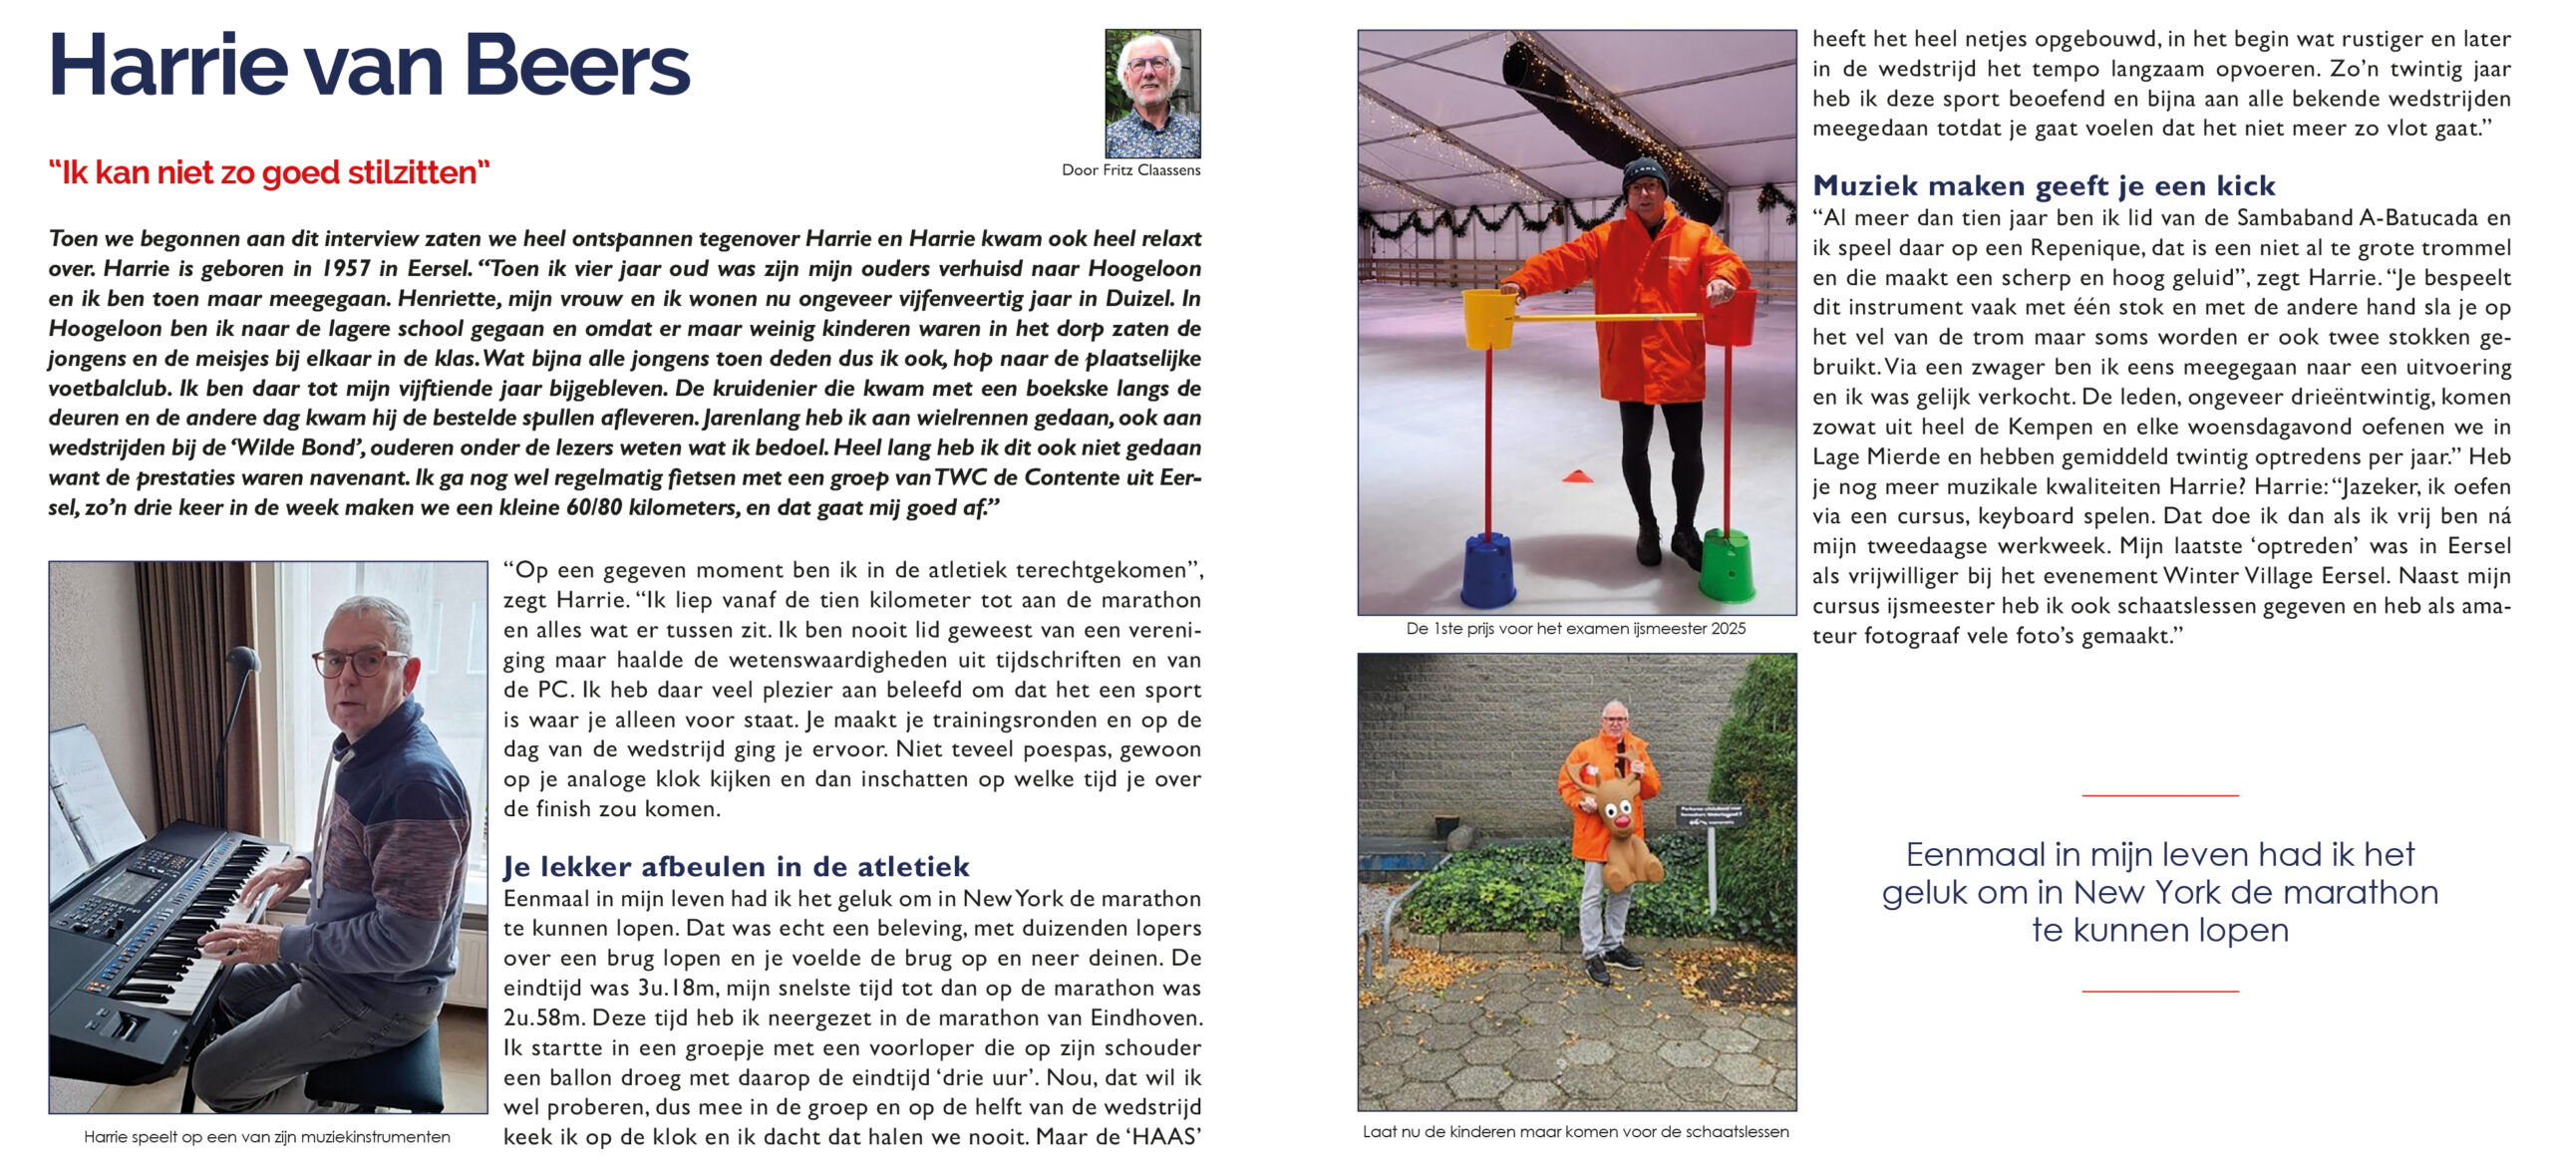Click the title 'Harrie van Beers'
[369, 65]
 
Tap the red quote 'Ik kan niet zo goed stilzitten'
[269, 172]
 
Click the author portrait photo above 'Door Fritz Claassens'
[1152, 93]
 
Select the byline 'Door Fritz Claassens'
[1130, 170]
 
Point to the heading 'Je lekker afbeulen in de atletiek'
[736, 866]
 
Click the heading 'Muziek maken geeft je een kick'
[2044, 185]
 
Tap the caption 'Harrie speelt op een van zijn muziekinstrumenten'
[267, 1137]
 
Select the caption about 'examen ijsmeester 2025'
[1576, 629]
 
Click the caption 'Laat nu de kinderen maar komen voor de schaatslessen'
[1575, 1132]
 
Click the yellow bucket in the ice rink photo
[1488, 318]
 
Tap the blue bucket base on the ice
[1488, 572]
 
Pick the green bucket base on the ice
[1727, 565]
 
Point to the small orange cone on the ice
[1578, 475]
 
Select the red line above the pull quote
[2160, 795]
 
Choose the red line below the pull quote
[2160, 992]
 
